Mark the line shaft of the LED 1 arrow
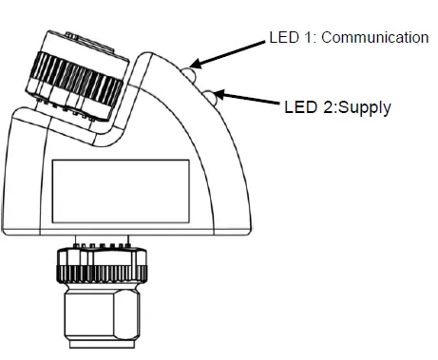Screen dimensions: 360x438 [233, 51]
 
